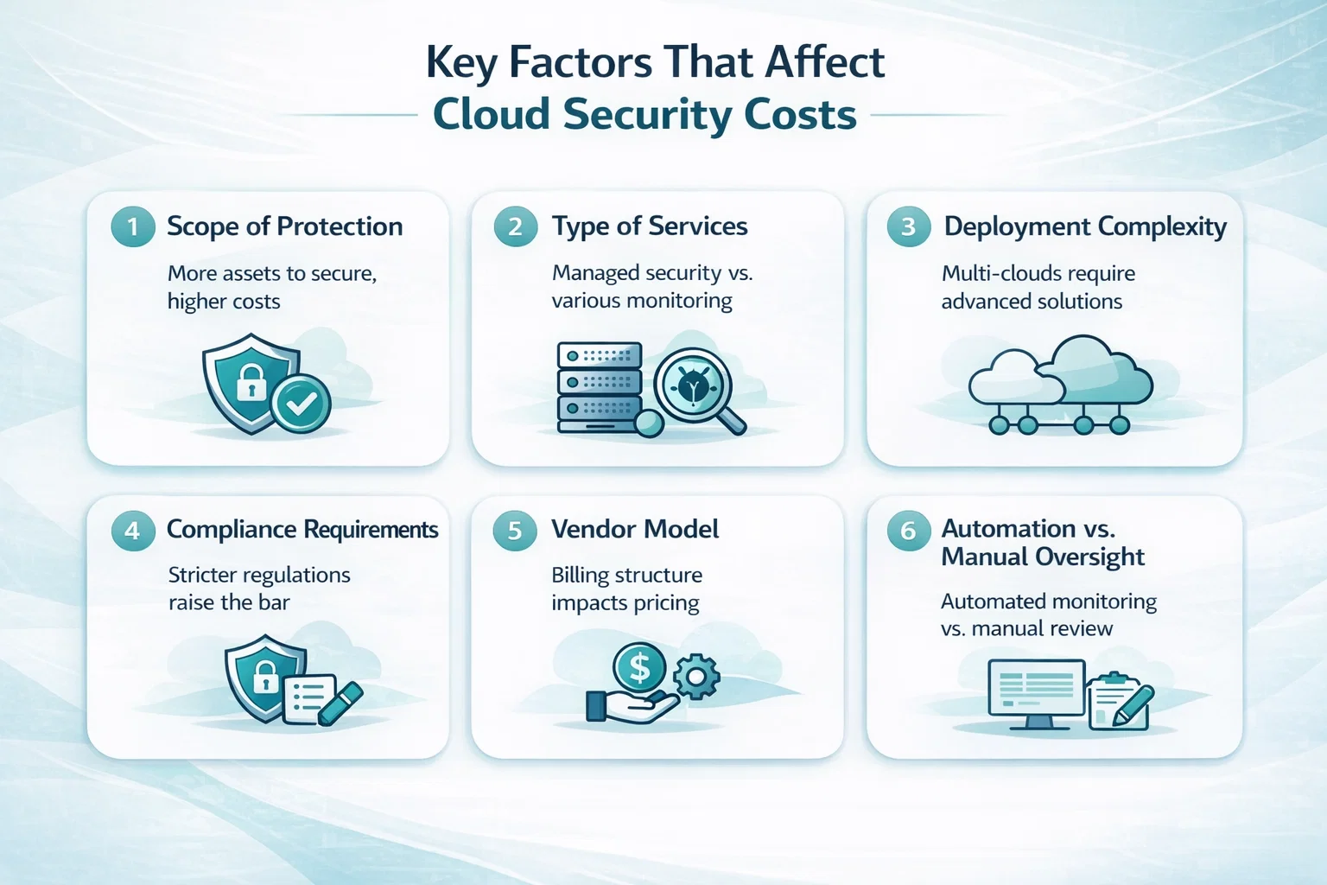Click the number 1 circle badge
coord(133,226)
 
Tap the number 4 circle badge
coord(133,531)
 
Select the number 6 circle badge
coord(908,531)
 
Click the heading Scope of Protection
coord(285,226)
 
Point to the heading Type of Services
coord(650,226)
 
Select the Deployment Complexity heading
coord(1085,227)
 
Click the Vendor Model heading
coord(635,529)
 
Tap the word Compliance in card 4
coord(231,530)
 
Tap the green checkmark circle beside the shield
coord(301,404)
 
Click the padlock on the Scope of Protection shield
coord(251,382)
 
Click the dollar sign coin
coord(639,667)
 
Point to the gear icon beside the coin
coord(696,677)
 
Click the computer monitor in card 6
coord(1037,694)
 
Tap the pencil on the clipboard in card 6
coord(1133,705)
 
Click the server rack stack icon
coord(600,387)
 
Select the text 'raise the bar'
coord(229,603)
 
